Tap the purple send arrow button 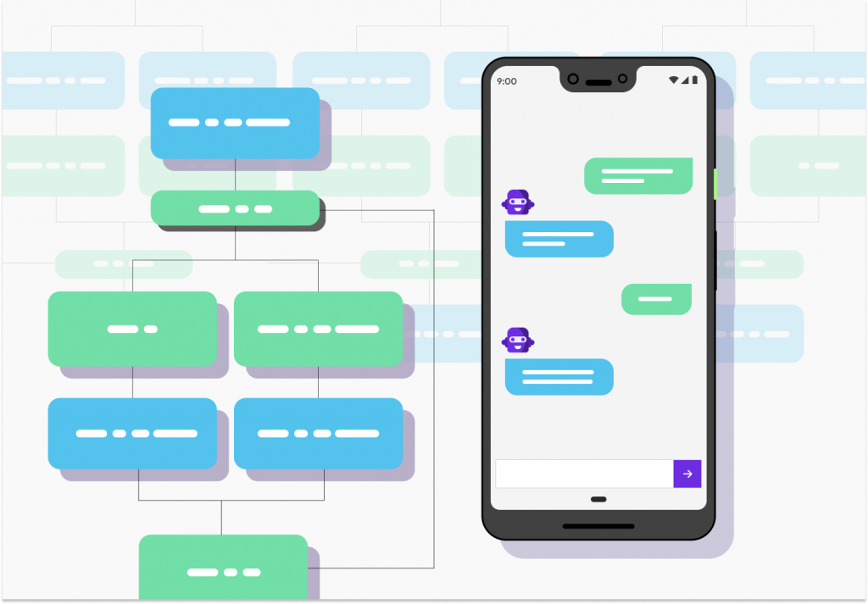[x=687, y=474]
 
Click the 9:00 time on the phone [x=507, y=81]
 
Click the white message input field [x=584, y=474]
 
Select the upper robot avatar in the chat [x=518, y=202]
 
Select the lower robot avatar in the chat [x=518, y=340]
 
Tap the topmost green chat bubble [x=638, y=176]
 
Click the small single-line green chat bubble [x=657, y=299]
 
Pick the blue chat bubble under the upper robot [x=559, y=239]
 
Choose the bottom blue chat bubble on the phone [x=559, y=377]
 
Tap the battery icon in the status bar [x=695, y=80]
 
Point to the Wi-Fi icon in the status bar [x=674, y=80]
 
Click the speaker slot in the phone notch [x=598, y=83]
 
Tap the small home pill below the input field [x=598, y=500]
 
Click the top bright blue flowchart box [x=236, y=123]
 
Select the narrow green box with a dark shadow [x=236, y=208]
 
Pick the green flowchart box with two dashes [x=132, y=329]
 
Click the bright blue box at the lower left [x=132, y=433]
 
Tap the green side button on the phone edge [x=715, y=184]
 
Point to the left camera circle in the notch [x=573, y=79]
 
